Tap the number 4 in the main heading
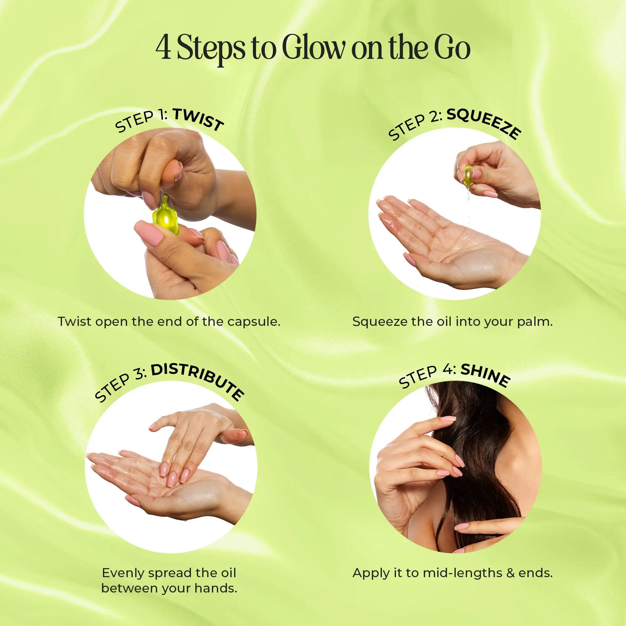coord(163,49)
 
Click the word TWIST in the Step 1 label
coord(198,119)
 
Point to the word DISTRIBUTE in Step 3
coord(198,381)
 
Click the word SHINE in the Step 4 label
coord(485,375)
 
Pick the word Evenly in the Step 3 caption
coord(123,573)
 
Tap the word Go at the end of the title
coord(452,49)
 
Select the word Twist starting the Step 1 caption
coord(74,322)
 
